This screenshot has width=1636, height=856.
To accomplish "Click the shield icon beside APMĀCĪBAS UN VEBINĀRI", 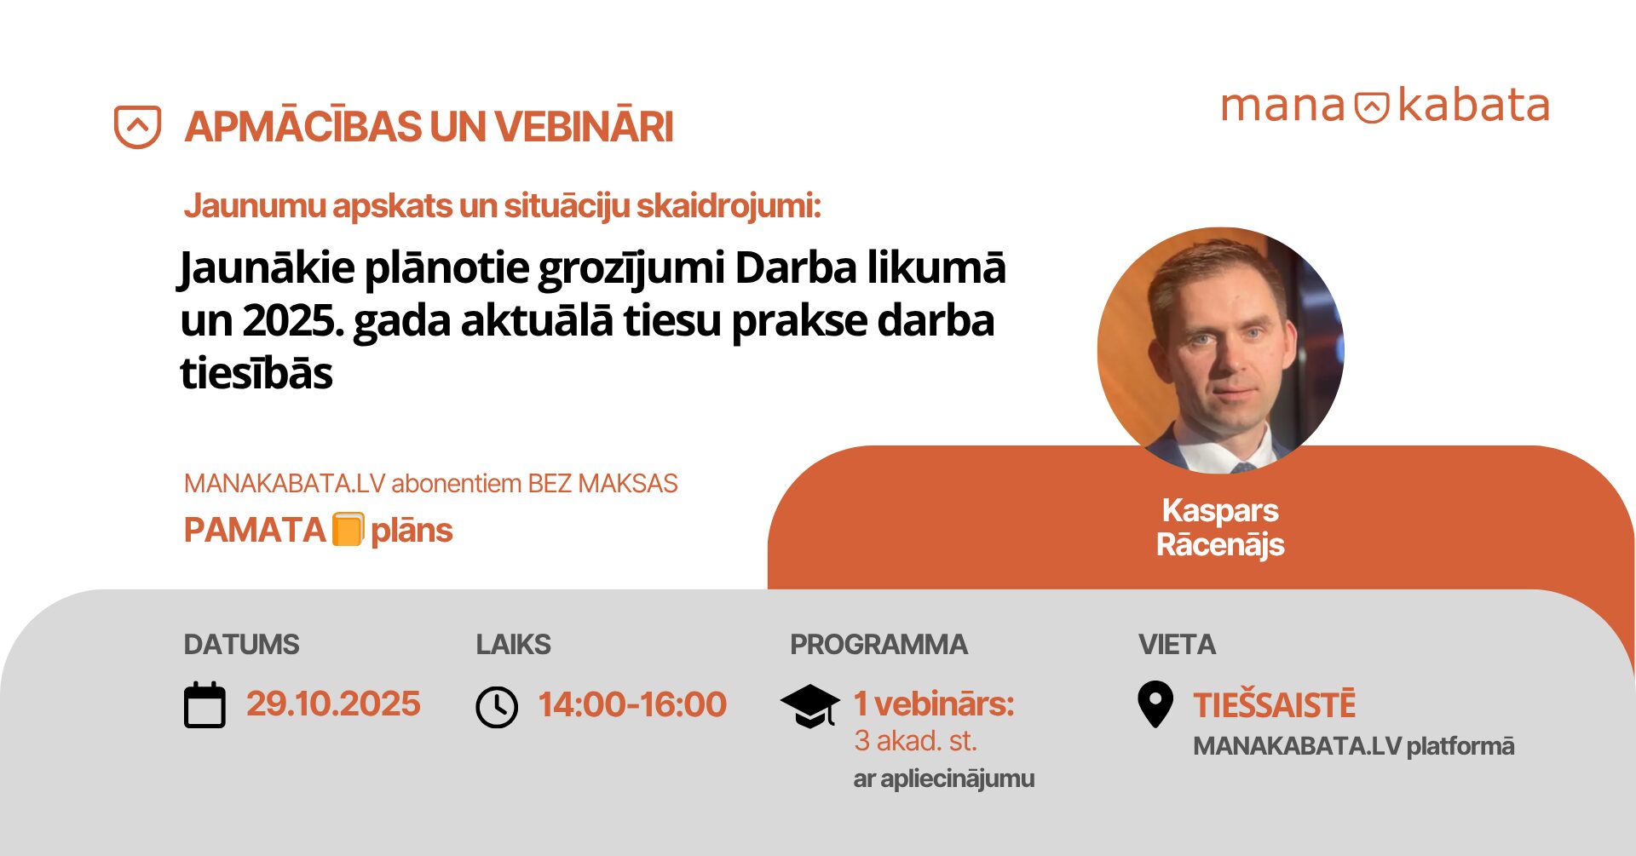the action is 137,127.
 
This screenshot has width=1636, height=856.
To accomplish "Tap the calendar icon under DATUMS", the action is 204,705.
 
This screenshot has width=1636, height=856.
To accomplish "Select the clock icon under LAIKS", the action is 497,707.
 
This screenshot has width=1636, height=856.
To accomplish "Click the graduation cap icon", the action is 809,706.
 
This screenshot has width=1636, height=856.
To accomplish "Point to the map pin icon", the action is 1155,704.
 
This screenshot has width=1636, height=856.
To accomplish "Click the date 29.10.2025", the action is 333,704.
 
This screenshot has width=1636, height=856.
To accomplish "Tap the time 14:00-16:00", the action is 632,704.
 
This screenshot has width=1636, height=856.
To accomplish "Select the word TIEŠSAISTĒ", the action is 1274,704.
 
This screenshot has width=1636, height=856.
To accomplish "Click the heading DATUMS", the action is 241,645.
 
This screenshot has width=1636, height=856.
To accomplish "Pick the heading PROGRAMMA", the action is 878,645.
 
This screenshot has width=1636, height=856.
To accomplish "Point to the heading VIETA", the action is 1177,645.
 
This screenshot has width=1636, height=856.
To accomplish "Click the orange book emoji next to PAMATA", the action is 348,529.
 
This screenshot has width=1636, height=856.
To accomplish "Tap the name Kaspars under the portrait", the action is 1220,511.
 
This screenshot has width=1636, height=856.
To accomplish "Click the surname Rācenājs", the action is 1220,545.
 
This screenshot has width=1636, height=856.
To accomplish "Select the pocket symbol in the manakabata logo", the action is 1372,107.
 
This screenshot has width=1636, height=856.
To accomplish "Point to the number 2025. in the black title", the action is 292,321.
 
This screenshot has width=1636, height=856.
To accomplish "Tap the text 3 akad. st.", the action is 915,741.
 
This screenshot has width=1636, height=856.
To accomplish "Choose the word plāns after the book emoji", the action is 412,531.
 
